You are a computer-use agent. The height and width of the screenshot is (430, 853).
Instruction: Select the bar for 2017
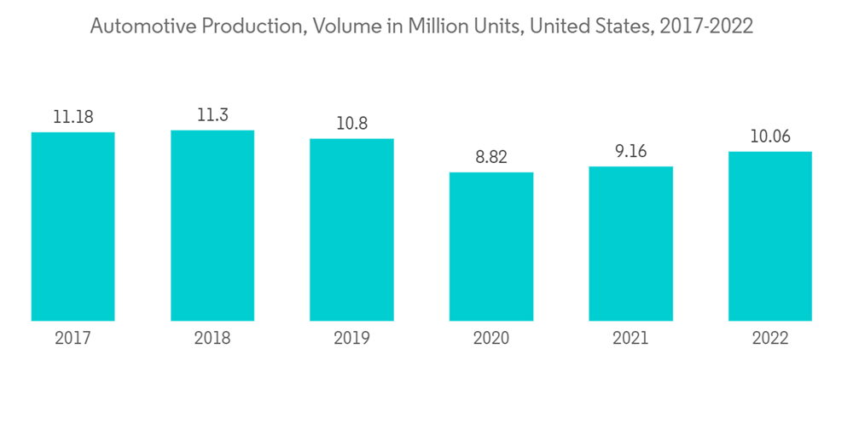click(x=73, y=226)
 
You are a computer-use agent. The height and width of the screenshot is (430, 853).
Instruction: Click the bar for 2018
click(x=212, y=225)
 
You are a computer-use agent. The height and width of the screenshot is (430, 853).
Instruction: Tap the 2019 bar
click(x=351, y=230)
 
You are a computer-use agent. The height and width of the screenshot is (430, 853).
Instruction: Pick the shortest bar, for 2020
click(x=491, y=247)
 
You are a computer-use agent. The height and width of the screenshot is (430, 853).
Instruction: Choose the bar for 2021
click(x=630, y=243)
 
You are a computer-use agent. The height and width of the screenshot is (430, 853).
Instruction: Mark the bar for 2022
click(x=770, y=236)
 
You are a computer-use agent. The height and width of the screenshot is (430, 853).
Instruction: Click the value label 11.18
click(x=73, y=117)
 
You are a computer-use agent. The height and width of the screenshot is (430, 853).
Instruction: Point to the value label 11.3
click(x=212, y=115)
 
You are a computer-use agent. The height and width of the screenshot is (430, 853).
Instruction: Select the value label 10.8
click(x=351, y=124)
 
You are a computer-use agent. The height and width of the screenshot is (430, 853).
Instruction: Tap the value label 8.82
click(x=491, y=158)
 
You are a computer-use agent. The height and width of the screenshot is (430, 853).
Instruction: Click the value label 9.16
click(x=630, y=152)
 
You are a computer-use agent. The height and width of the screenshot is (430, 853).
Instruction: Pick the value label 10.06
click(x=770, y=137)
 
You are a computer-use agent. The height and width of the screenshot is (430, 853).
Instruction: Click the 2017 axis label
click(x=73, y=339)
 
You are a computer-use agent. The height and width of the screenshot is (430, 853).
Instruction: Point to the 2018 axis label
click(x=212, y=339)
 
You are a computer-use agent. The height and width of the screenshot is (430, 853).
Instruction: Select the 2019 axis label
click(x=351, y=339)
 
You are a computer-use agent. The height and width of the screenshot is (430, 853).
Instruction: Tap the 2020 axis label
click(x=491, y=339)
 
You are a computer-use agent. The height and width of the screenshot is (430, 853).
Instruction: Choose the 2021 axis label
click(x=630, y=339)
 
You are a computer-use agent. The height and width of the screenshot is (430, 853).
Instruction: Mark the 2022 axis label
click(x=770, y=339)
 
